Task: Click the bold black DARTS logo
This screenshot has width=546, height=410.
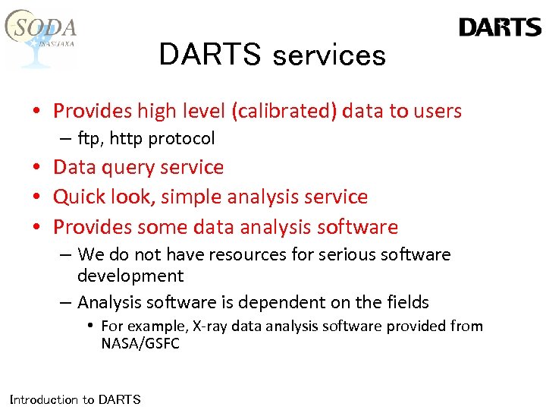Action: (x=500, y=28)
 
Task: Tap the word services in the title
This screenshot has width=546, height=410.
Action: (x=328, y=55)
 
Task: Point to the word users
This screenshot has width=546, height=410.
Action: (x=438, y=111)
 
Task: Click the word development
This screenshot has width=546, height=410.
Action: (x=130, y=275)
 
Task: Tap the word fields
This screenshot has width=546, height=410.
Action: (x=405, y=302)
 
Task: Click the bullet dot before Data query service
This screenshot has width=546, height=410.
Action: (x=36, y=168)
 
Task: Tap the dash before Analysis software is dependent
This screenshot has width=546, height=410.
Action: (x=65, y=302)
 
